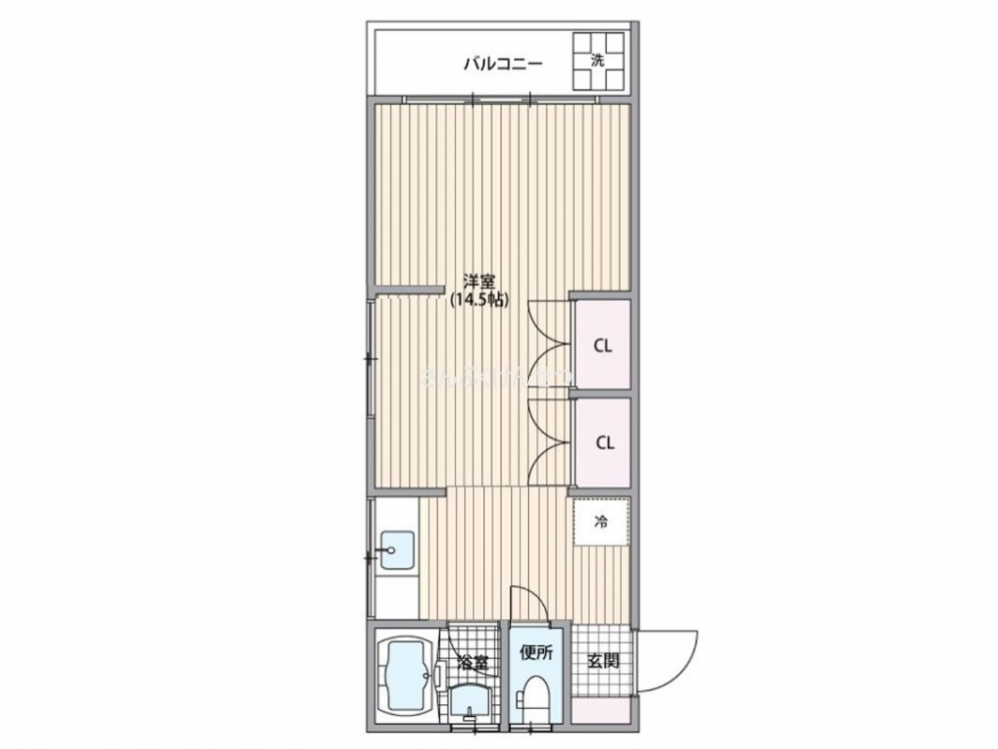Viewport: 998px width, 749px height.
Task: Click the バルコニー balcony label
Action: pos(502,65)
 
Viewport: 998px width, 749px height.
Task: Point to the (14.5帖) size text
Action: pos(478,299)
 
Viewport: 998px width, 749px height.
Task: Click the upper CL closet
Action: pos(603,346)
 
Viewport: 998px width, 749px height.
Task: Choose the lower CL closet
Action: pos(603,442)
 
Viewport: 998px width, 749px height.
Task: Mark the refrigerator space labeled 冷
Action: pos(602,520)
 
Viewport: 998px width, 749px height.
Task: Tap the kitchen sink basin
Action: pos(397,550)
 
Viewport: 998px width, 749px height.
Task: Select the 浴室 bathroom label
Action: pos(473,661)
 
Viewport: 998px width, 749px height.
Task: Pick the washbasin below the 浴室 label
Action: pos(469,702)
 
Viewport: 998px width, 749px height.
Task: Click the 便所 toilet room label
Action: pos(535,653)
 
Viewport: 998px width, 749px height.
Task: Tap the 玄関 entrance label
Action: pos(602,661)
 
